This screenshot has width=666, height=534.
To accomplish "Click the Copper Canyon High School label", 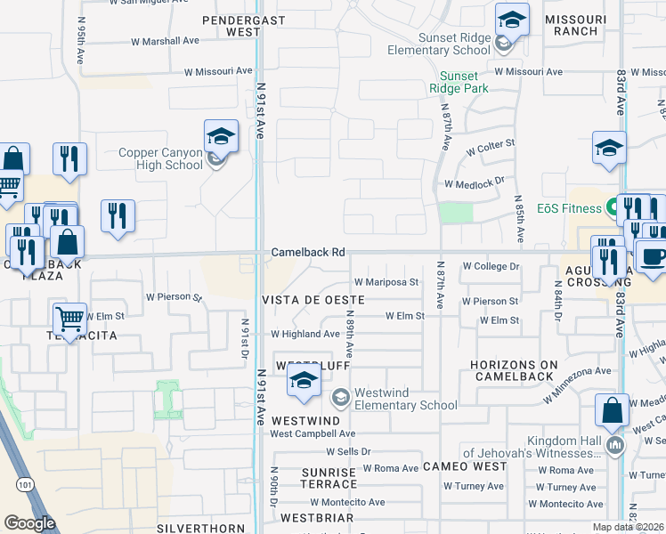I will point(161,158).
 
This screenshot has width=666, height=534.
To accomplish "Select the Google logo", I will point(29,523).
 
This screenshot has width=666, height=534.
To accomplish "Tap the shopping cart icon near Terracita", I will point(69,318).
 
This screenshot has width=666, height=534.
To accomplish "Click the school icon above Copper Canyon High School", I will point(220,136).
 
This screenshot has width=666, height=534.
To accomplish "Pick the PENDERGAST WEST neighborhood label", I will point(231,25).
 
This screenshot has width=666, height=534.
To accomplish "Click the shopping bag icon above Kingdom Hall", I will point(612,410).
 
